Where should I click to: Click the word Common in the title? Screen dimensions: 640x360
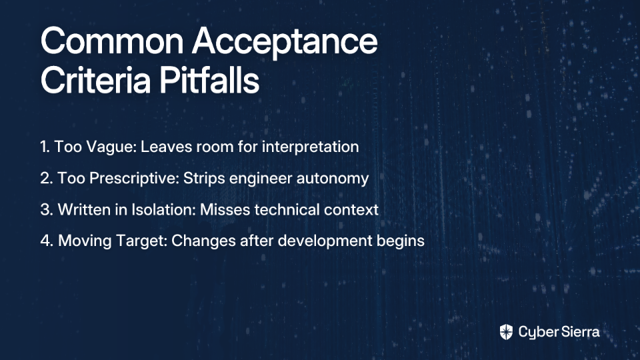pos(112,41)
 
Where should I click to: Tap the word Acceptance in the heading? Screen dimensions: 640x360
pos(285,43)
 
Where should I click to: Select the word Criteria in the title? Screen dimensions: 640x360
pos(96,80)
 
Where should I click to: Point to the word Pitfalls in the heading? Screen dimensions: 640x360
pos(209,80)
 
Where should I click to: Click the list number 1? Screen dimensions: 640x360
pos(45,147)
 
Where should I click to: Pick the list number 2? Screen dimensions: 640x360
pos(47,179)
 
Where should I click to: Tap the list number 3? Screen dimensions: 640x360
pos(47,210)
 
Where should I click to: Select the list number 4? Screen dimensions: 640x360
pos(47,241)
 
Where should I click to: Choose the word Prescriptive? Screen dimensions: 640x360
pos(134,179)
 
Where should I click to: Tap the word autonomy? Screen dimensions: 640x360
pos(333,179)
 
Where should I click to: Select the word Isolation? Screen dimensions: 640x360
pos(164,210)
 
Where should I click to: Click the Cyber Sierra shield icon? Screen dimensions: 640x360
pos(506,332)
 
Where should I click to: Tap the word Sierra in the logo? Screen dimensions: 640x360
pos(579,332)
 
